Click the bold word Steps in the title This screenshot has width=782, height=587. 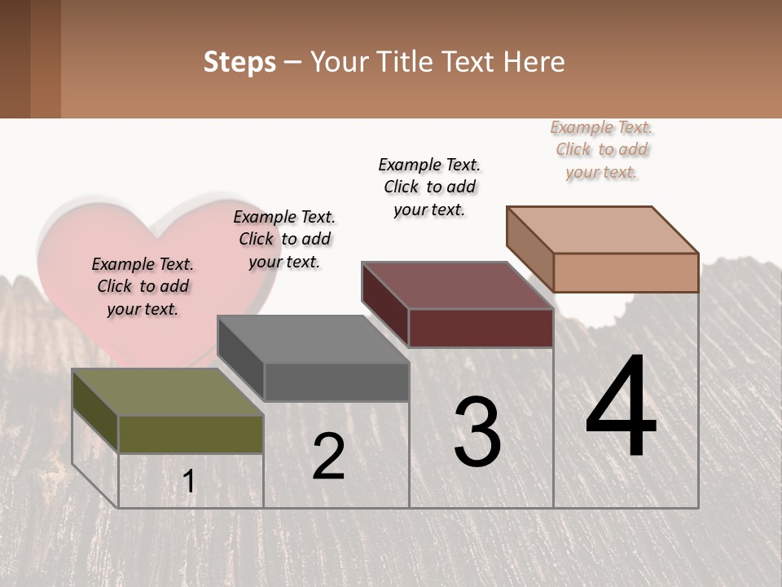coord(239,62)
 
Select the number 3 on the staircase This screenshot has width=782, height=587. coord(477,432)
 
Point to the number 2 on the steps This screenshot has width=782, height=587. coord(329,457)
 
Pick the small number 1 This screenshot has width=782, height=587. coord(189,481)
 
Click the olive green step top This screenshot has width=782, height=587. coord(167,391)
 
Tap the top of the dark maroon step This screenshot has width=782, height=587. coord(457,285)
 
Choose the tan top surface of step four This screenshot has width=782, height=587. coord(602,229)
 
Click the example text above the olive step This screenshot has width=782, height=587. coord(143,286)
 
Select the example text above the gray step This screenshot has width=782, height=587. coord(284,239)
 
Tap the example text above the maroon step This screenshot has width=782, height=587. coord(429,187)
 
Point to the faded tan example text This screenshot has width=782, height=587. coord(602,149)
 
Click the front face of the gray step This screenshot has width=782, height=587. coord(336,382)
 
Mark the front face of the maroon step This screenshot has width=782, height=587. coord(481,329)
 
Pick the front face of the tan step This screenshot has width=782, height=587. coord(626,272)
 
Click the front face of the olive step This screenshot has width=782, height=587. coord(191,434)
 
